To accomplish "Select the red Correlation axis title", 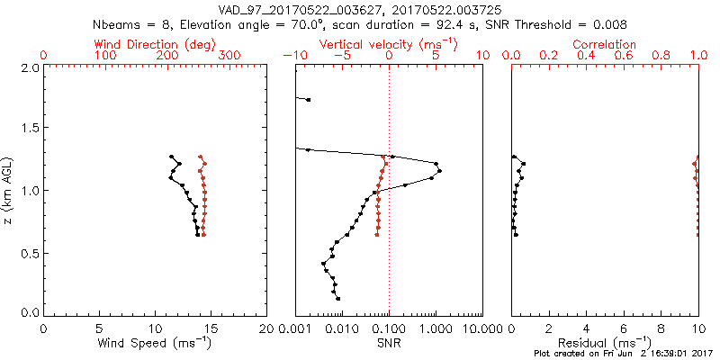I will [x=605, y=44].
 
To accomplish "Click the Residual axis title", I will [x=605, y=342].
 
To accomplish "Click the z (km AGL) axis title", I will [x=8, y=191].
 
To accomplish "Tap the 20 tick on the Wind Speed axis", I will [x=266, y=328].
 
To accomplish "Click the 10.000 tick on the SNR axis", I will [x=482, y=328].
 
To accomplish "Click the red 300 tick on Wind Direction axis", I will [x=229, y=56].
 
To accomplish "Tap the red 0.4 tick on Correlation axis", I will [x=586, y=56].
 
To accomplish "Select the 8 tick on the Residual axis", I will [x=661, y=328].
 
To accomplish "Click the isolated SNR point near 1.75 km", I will [x=309, y=99].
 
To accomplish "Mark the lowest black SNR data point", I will [x=337, y=298].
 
